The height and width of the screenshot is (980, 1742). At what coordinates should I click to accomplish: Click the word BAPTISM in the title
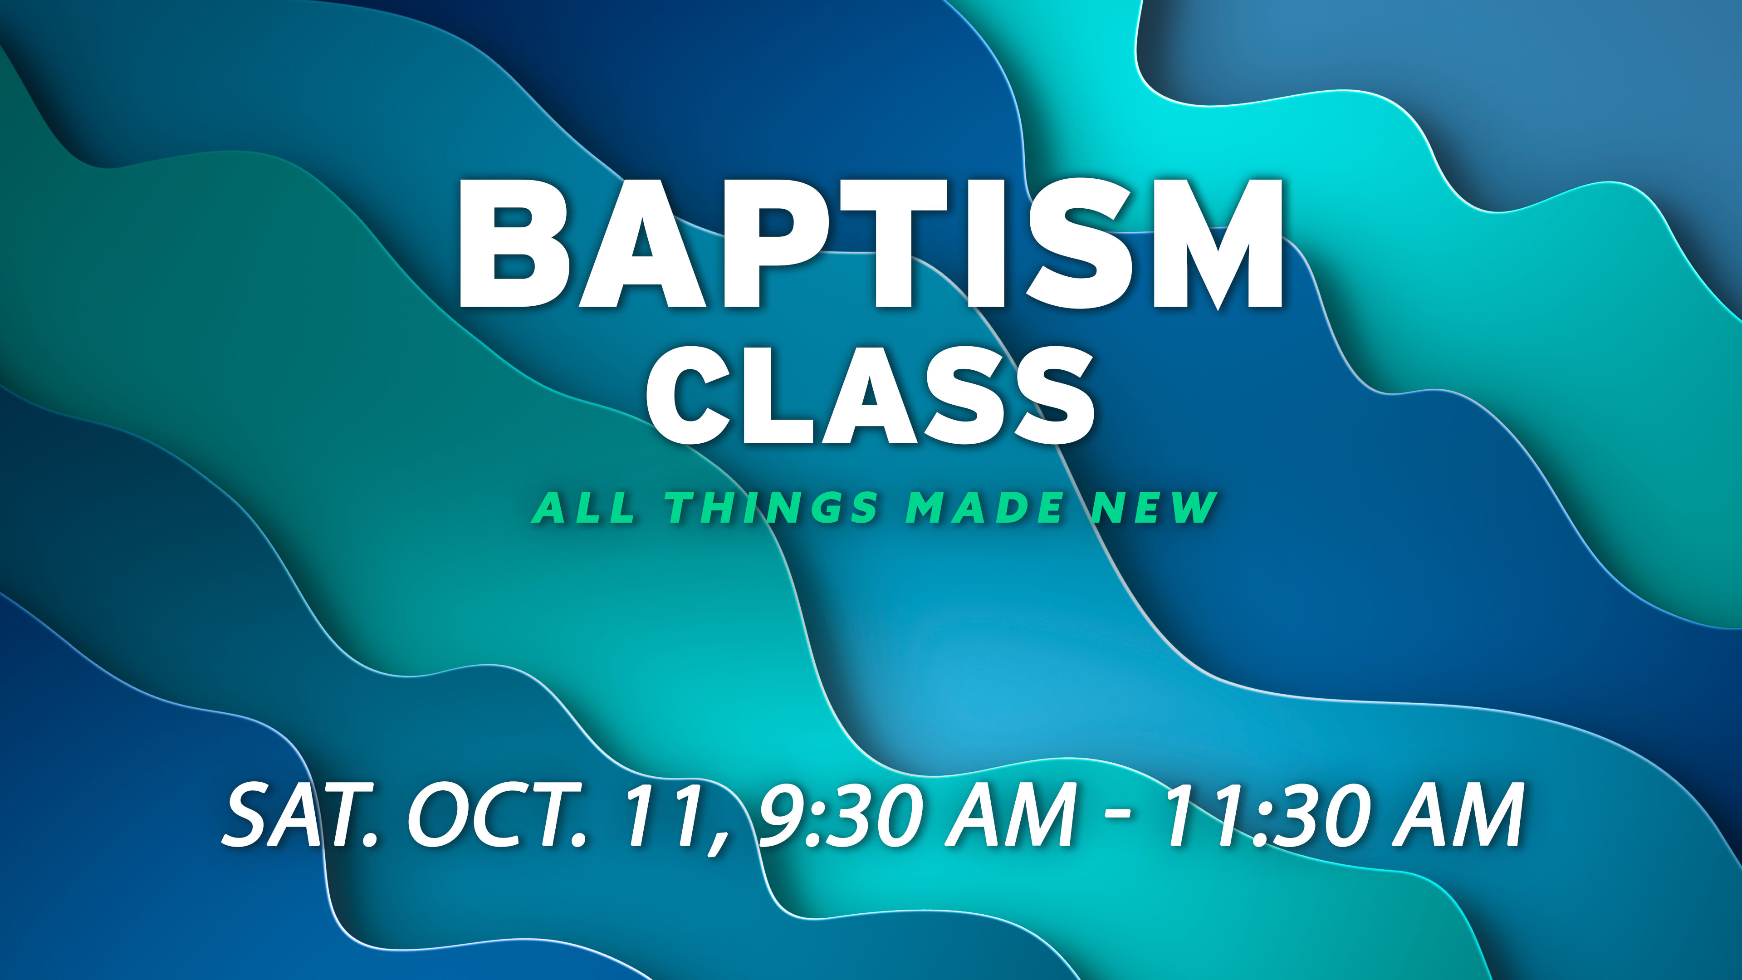point(871,244)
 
